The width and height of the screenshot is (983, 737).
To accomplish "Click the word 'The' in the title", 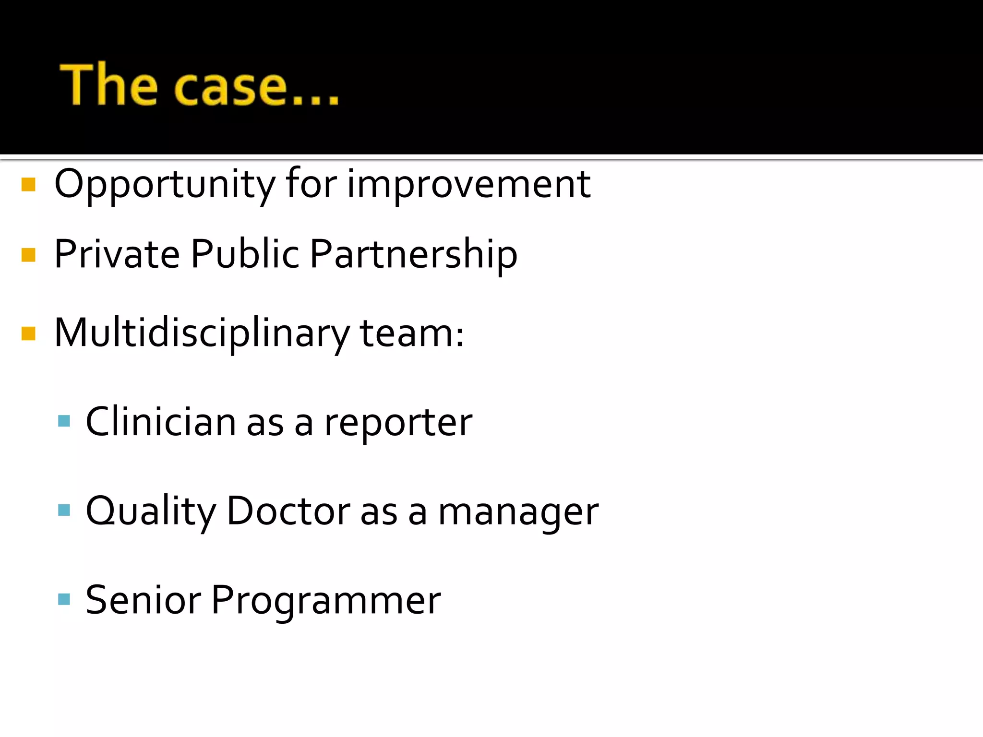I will (108, 85).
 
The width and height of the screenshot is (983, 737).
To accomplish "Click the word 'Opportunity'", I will (165, 185).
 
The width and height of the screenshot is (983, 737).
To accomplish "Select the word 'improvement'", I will (468, 184).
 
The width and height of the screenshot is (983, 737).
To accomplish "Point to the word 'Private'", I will (117, 254).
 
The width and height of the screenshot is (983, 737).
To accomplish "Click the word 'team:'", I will (412, 333).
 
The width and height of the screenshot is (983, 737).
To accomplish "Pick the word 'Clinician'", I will (161, 422).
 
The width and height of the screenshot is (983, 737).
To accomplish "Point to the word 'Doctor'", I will (288, 511).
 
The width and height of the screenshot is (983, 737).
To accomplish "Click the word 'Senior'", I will (143, 600).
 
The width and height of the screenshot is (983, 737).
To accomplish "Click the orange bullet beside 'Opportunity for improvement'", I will (29, 185).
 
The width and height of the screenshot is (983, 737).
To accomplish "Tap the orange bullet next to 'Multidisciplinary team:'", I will (29, 333).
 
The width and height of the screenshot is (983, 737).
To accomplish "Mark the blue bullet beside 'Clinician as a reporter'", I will (64, 421).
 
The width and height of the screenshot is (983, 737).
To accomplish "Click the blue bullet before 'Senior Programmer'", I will (64, 599).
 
